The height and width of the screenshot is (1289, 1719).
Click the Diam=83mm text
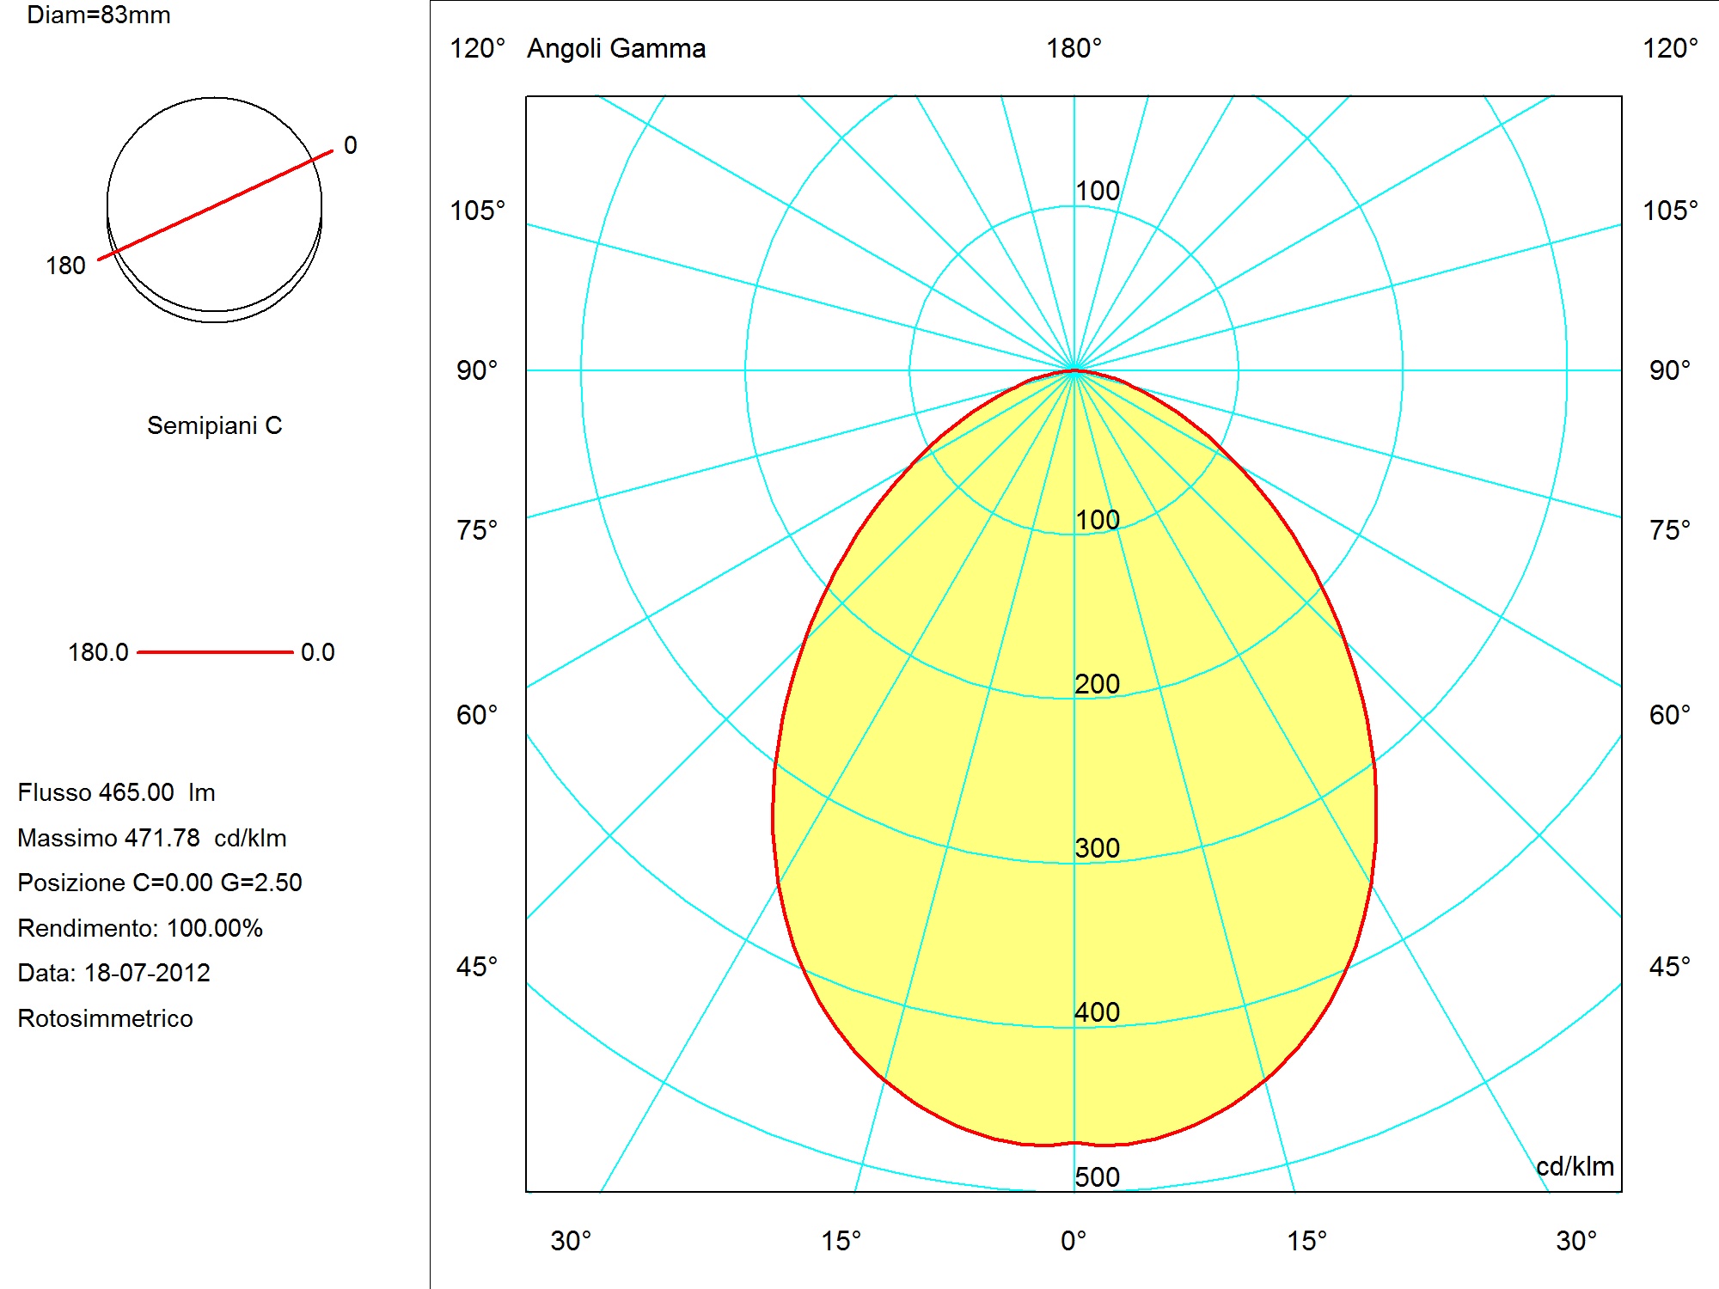(x=99, y=15)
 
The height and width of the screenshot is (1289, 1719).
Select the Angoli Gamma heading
(x=616, y=48)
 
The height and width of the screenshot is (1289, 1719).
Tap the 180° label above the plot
(x=1074, y=48)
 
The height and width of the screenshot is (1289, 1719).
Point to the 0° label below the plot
(x=1074, y=1241)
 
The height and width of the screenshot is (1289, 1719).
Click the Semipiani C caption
(x=215, y=425)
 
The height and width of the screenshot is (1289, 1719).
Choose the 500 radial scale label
(x=1098, y=1176)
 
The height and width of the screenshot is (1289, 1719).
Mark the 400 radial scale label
(x=1098, y=1011)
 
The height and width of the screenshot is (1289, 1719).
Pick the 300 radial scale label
(x=1098, y=847)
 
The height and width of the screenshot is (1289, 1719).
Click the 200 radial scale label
(x=1098, y=683)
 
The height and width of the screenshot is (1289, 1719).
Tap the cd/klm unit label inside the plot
(x=1575, y=1166)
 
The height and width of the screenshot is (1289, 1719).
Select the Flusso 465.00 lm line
(x=116, y=792)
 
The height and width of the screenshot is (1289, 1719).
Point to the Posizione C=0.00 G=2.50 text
(x=160, y=883)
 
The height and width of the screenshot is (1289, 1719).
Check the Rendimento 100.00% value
(x=215, y=928)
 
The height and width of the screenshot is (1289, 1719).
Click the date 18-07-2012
(x=147, y=973)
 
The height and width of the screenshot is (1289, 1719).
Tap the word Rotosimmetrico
(x=105, y=1018)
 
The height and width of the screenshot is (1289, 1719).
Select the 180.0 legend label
(x=98, y=652)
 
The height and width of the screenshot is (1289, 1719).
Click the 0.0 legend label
(x=317, y=652)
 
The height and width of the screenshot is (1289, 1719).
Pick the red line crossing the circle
(x=215, y=205)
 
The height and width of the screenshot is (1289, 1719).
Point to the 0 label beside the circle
(x=351, y=145)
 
